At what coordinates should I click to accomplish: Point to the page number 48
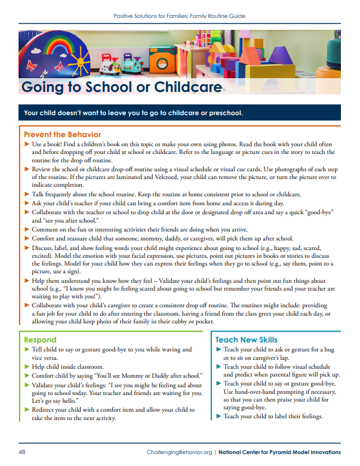click(x=22, y=452)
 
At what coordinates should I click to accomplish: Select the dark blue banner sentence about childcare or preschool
click(x=133, y=113)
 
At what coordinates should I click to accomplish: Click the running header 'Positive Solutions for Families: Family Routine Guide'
click(x=180, y=16)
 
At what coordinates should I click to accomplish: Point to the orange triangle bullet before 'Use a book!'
click(x=26, y=145)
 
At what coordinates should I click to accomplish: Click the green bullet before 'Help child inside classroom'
click(x=26, y=366)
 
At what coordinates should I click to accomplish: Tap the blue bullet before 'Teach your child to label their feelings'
click(x=219, y=416)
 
